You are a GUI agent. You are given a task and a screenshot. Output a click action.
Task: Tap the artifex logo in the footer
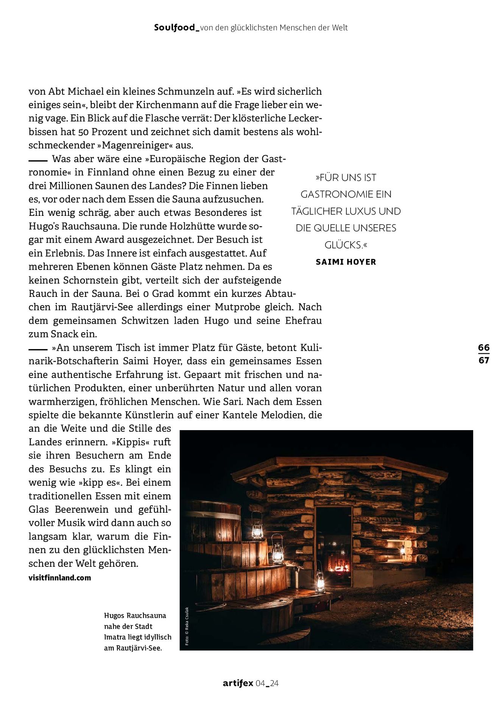coord(238,683)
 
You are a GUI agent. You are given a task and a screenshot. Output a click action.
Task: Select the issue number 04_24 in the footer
coord(267,683)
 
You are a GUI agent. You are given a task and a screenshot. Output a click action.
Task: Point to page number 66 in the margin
coord(483,347)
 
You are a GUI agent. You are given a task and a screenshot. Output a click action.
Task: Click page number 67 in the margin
coord(483,360)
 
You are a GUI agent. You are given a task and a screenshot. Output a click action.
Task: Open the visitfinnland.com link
coord(60,578)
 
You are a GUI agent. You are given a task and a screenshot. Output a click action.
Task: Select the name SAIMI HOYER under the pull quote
coord(346,262)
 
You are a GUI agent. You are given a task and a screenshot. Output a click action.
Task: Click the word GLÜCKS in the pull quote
coord(344,245)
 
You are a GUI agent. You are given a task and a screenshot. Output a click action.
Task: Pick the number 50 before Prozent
coord(83,132)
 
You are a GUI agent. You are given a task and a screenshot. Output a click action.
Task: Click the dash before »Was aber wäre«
coord(38,160)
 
